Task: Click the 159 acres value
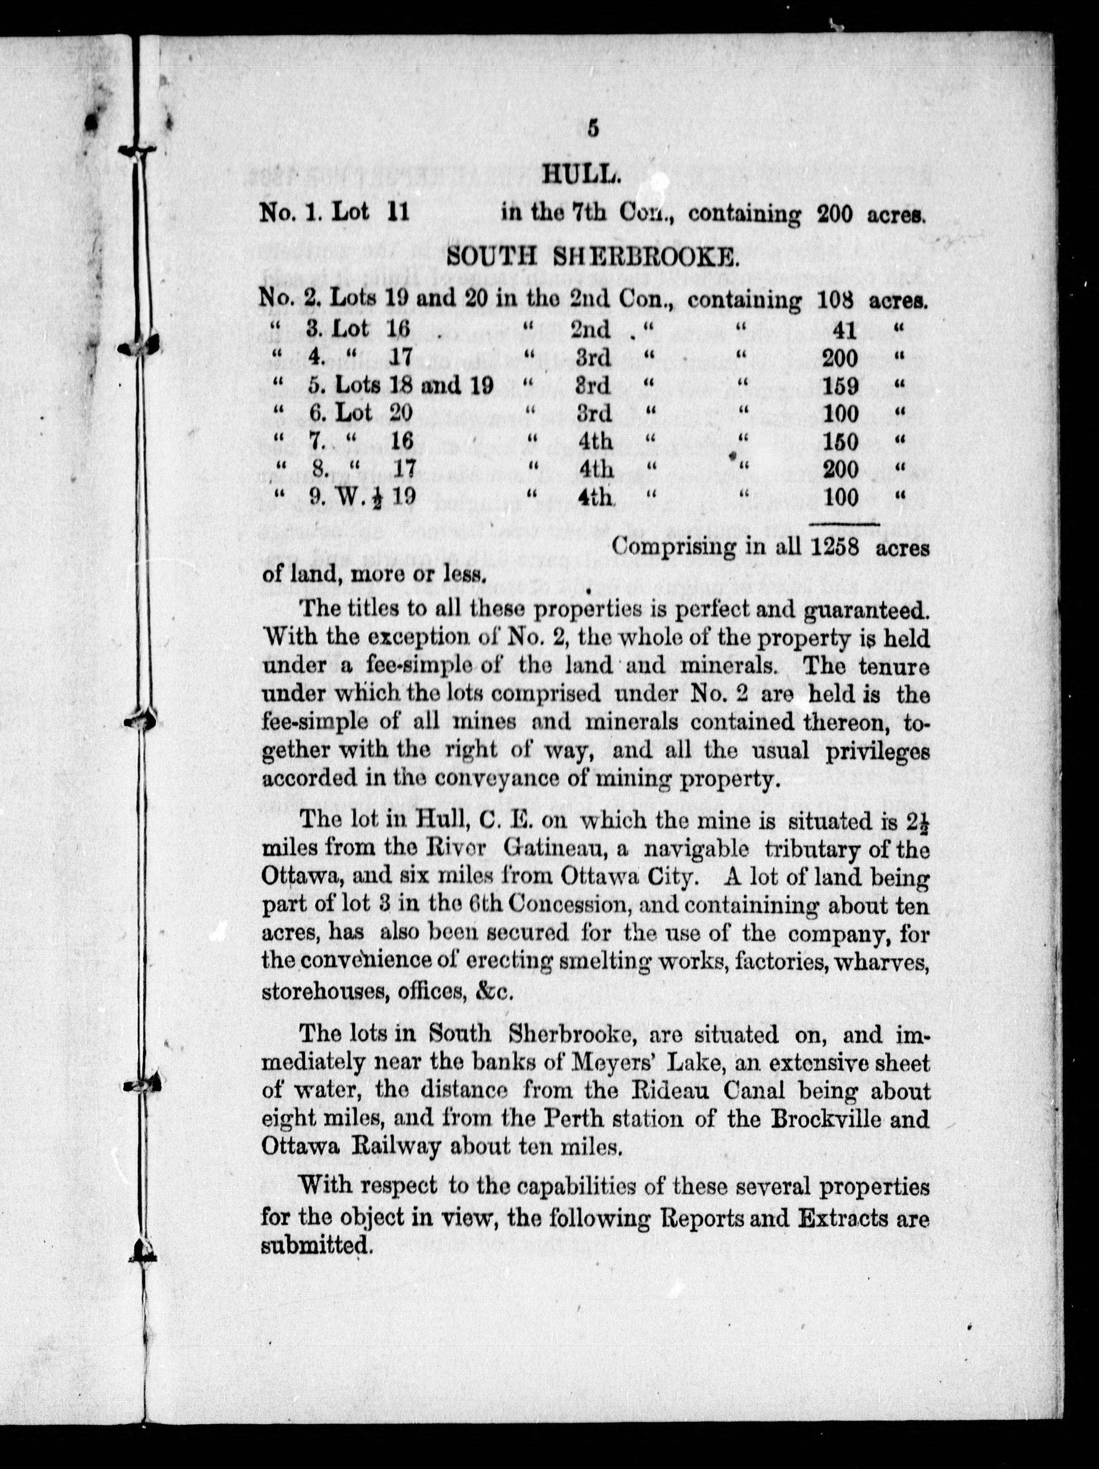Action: tap(840, 386)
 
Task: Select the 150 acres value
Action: tap(840, 441)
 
